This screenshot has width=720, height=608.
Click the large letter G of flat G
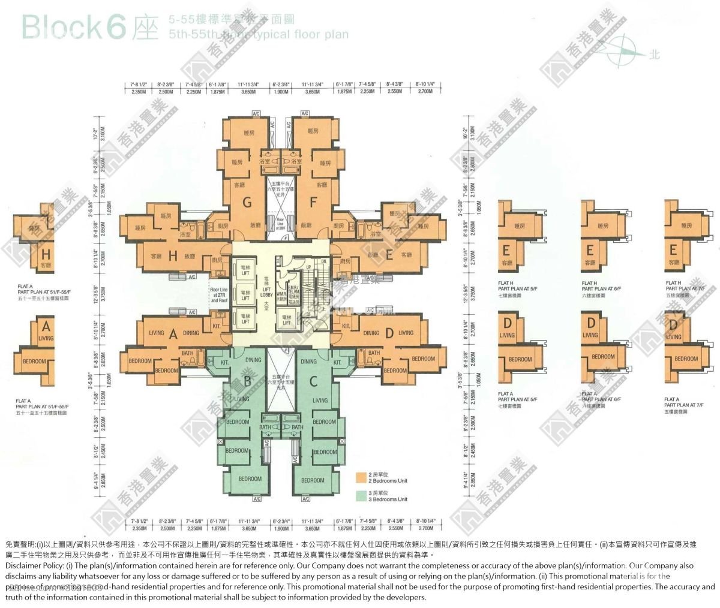[247, 203]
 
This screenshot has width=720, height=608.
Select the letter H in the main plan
[173, 256]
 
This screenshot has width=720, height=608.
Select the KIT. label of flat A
[217, 326]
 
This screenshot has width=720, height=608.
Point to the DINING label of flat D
[371, 333]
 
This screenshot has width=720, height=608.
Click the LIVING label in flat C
[320, 401]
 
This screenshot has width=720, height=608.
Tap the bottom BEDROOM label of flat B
[250, 478]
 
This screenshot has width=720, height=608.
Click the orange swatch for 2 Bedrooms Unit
[361, 477]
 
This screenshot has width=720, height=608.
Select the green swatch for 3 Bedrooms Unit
[361, 495]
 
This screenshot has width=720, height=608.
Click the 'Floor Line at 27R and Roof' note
[219, 295]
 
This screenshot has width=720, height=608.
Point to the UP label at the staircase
[308, 267]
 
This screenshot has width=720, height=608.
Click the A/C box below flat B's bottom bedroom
[257, 499]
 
